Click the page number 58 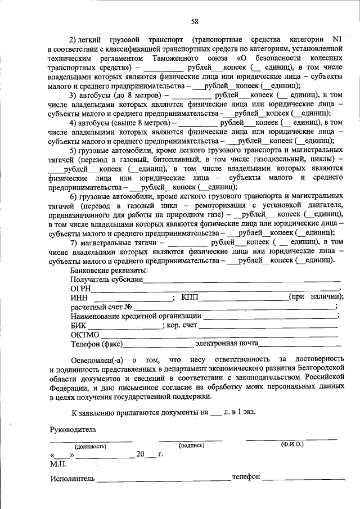194,22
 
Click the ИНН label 79,298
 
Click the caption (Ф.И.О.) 292,445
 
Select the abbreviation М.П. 58,464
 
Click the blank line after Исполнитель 163,479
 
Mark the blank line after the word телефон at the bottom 304,479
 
